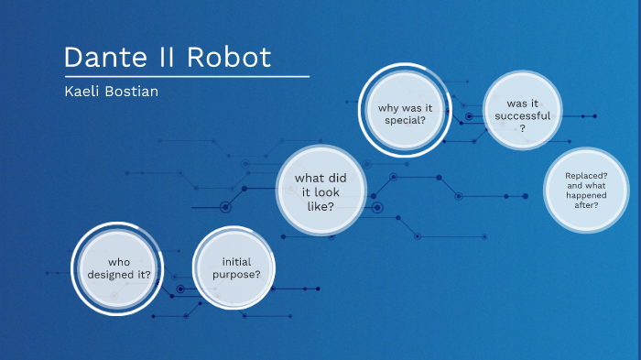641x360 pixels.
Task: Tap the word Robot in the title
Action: [x=230, y=57]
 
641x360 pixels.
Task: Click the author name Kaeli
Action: [x=80, y=93]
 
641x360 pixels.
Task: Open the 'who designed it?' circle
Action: [x=118, y=267]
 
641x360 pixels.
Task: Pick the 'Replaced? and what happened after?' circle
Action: [x=587, y=190]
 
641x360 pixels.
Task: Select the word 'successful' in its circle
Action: [x=522, y=115]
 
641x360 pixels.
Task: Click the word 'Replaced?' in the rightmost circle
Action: [x=587, y=175]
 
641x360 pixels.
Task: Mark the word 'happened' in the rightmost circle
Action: [x=587, y=195]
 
